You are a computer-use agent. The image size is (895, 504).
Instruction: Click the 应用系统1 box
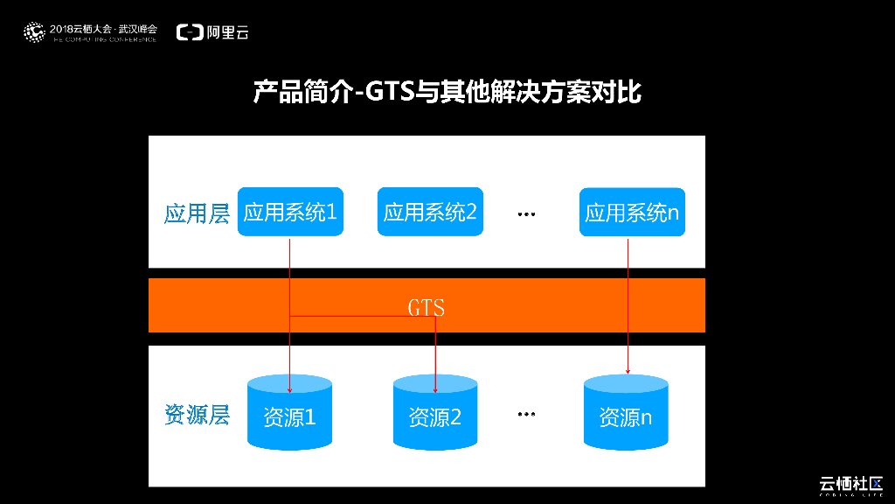click(x=290, y=212)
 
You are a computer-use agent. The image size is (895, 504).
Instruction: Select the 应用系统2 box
click(x=430, y=212)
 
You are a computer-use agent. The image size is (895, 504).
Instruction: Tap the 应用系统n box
click(x=632, y=212)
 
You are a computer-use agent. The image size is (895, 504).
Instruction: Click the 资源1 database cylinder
click(x=289, y=411)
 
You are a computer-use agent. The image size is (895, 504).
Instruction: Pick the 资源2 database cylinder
click(x=434, y=411)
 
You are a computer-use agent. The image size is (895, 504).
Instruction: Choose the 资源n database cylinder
click(x=626, y=411)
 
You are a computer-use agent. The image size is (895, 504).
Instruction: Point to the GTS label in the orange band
click(x=427, y=308)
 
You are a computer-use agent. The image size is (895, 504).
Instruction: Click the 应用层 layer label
click(x=197, y=213)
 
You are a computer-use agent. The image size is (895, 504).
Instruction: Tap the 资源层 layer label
click(x=197, y=414)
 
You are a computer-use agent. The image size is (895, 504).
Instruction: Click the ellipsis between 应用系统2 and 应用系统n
click(x=525, y=213)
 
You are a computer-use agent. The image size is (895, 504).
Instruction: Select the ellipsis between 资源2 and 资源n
click(x=525, y=414)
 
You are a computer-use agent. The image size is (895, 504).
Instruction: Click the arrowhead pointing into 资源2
click(x=435, y=388)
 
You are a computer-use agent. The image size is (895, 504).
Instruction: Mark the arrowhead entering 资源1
click(x=289, y=388)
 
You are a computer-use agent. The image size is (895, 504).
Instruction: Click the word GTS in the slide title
click(x=389, y=90)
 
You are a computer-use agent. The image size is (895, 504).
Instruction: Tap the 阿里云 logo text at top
click(x=229, y=32)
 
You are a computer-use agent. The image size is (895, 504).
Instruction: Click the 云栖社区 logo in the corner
click(x=850, y=484)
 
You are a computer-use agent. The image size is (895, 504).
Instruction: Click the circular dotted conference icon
click(x=33, y=32)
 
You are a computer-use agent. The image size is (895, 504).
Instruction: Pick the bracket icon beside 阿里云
click(x=190, y=32)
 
